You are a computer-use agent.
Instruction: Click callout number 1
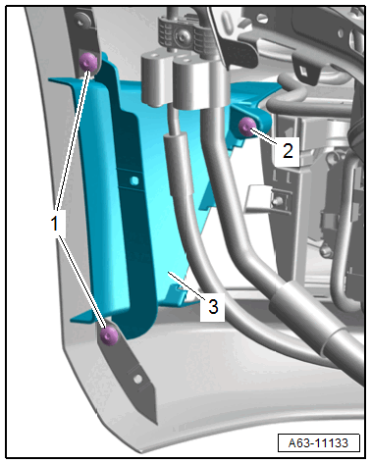click(54, 224)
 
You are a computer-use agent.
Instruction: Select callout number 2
click(288, 151)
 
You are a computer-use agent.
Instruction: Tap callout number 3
click(213, 307)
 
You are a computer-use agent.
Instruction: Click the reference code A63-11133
click(318, 443)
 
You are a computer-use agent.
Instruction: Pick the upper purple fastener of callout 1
click(88, 62)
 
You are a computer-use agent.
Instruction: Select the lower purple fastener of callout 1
click(109, 335)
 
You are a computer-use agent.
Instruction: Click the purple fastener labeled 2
click(247, 127)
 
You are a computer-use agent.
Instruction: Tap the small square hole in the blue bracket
click(133, 180)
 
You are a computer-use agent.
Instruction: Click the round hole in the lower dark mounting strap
click(138, 380)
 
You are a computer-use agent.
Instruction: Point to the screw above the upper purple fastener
click(81, 21)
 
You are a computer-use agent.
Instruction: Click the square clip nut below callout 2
click(280, 200)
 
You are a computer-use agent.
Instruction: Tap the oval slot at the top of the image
click(227, 23)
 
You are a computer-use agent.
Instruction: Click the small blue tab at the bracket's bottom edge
click(175, 294)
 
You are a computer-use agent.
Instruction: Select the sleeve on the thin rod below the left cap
click(177, 164)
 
